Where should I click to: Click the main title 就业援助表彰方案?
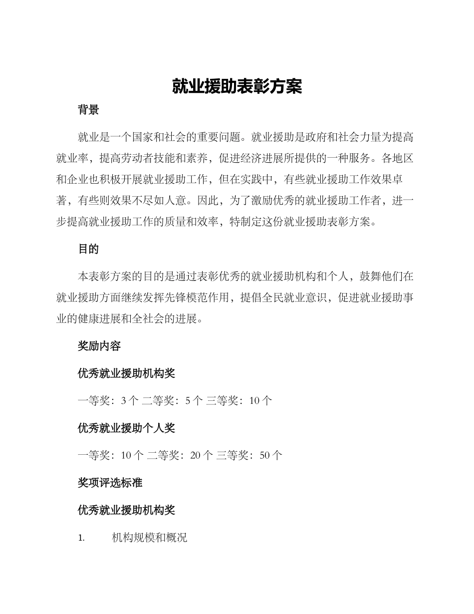tap(237, 87)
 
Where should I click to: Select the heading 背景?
tap(88, 110)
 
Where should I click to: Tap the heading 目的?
tap(88, 249)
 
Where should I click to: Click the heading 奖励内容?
tap(99, 346)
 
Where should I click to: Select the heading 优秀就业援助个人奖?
tap(126, 428)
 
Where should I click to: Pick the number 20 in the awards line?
tap(195, 455)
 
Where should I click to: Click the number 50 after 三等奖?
tap(265, 455)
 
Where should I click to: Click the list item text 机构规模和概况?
tap(150, 538)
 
